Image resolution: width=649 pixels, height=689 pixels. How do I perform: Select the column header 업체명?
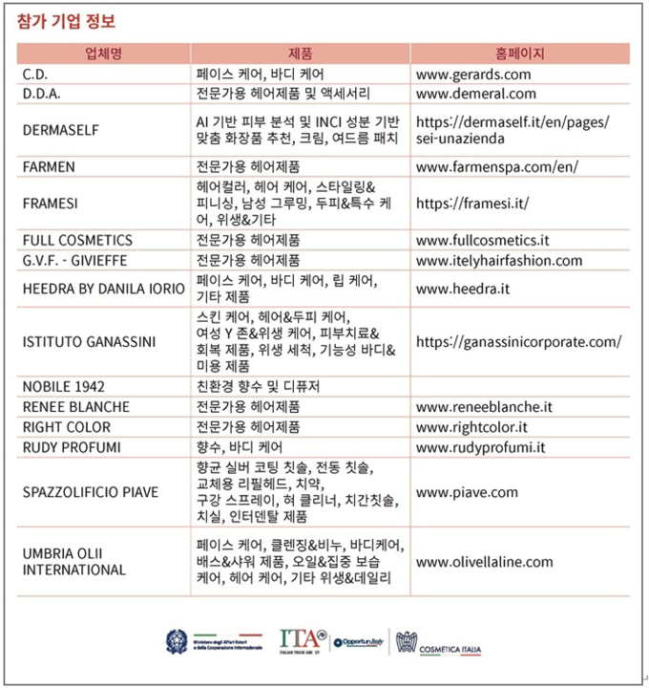point(103,54)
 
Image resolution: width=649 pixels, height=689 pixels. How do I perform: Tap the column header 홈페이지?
point(520,54)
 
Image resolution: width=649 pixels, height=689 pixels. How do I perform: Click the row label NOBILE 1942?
point(63,386)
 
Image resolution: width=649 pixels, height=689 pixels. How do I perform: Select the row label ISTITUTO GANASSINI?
point(89,341)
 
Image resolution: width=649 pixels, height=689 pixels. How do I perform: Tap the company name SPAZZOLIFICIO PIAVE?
point(90,492)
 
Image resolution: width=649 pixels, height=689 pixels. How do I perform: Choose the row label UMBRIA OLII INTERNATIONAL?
point(74,561)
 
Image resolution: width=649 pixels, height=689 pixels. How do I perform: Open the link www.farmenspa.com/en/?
point(497,166)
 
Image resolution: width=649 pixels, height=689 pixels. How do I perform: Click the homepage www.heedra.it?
point(463,287)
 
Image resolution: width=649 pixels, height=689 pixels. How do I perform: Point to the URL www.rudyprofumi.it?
point(481,447)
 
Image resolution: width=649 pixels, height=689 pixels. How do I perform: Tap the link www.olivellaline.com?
point(484,561)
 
